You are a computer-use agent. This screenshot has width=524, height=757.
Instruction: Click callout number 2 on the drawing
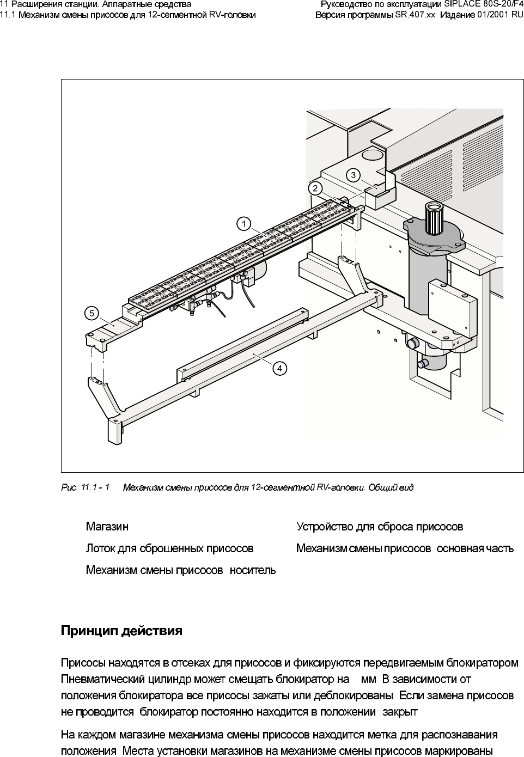(315, 188)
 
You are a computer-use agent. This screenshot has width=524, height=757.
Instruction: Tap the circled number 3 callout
(354, 175)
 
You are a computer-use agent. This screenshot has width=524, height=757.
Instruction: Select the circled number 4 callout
(279, 369)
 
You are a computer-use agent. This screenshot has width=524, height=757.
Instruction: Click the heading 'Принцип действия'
(121, 631)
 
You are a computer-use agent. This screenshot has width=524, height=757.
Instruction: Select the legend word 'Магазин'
(107, 527)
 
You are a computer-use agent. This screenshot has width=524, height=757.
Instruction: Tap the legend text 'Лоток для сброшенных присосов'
(169, 548)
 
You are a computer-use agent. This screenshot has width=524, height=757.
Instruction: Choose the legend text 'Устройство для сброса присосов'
(380, 527)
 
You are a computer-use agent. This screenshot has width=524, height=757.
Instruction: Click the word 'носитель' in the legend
(253, 570)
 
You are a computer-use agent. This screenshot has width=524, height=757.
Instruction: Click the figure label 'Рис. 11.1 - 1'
(85, 487)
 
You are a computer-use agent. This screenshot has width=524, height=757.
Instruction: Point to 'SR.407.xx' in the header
(415, 15)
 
